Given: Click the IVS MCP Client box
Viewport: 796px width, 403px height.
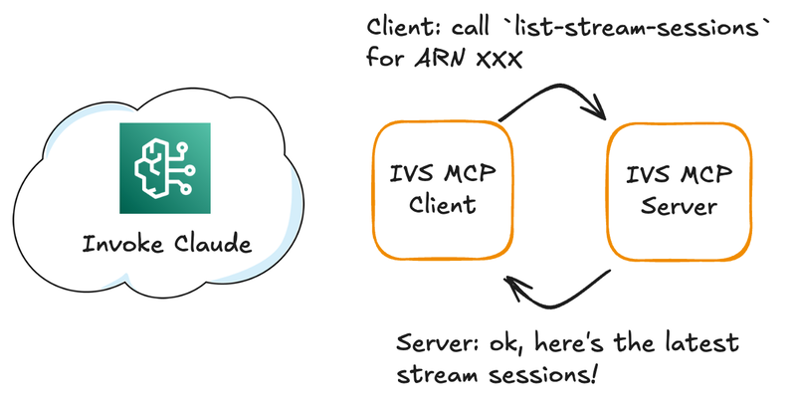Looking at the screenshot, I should click(443, 191).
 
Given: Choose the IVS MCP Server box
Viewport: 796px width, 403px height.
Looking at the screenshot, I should click(675, 191).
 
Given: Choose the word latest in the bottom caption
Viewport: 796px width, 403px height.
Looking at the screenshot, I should click(699, 344).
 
